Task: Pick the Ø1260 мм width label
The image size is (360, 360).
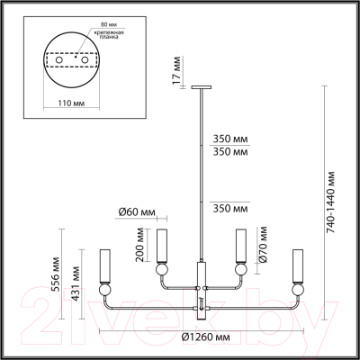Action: point(202,337)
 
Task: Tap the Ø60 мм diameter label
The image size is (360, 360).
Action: point(136,212)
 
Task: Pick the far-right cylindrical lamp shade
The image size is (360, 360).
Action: point(299,264)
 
